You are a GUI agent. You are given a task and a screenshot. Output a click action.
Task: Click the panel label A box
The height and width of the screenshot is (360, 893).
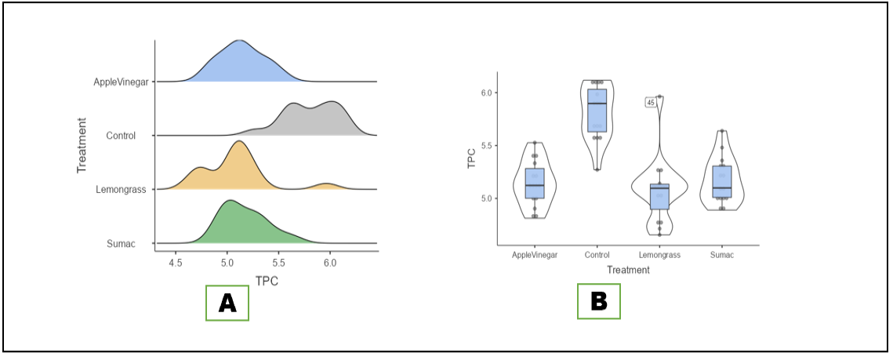227,302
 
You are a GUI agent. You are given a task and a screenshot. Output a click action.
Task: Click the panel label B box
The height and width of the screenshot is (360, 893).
598,300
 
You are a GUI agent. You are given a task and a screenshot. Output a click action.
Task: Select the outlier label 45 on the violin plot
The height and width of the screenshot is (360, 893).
651,103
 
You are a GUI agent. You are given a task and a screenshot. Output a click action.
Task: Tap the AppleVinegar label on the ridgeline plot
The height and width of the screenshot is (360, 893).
122,82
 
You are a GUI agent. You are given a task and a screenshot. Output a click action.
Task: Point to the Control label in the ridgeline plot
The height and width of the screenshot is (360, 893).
121,136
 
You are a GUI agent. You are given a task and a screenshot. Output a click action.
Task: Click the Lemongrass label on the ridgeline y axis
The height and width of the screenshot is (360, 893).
121,190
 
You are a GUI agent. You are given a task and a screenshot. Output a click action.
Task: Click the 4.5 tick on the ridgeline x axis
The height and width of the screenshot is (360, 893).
176,264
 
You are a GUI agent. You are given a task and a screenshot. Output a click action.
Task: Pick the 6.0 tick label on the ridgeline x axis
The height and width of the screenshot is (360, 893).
330,264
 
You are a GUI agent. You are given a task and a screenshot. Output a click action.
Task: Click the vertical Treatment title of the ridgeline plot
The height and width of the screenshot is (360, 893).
82,145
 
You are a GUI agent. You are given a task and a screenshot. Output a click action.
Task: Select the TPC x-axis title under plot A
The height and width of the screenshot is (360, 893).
267,282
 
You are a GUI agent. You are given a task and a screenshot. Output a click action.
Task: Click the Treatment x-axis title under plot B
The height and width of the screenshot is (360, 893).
627,271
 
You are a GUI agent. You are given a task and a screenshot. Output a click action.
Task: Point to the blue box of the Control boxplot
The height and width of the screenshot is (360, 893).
597,111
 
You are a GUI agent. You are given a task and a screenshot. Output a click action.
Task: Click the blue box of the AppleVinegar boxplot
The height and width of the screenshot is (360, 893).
535,184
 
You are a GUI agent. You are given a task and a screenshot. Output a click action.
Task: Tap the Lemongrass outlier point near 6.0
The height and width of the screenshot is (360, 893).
659,96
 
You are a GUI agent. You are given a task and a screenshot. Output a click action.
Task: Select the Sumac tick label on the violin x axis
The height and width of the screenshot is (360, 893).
721,255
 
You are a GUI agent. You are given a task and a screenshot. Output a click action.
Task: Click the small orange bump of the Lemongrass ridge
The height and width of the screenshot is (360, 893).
326,186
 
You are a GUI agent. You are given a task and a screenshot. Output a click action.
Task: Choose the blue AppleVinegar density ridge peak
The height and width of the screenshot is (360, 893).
239,42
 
